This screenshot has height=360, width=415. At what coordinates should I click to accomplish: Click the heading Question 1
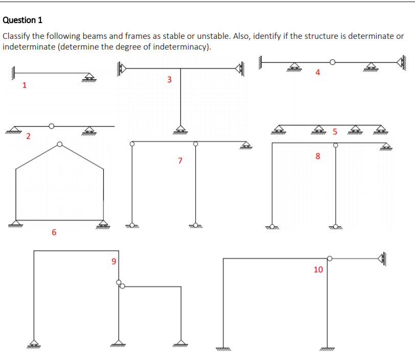[x=22, y=20]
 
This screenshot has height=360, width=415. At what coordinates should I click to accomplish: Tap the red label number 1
[x=24, y=85]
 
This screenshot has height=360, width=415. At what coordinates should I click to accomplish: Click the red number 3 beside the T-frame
[x=169, y=79]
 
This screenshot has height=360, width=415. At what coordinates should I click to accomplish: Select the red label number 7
[x=180, y=161]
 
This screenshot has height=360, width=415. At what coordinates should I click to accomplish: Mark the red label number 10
[x=318, y=269]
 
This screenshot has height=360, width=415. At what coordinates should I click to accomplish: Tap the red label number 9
[x=113, y=261]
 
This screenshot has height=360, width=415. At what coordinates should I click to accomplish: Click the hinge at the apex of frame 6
[x=60, y=145]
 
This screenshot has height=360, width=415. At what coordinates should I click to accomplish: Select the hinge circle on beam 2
[x=51, y=126]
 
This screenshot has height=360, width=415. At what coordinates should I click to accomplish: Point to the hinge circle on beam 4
[x=333, y=62]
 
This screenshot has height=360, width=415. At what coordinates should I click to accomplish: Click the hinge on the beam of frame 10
[x=330, y=259]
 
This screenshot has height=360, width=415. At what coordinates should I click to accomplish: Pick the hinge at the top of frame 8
[x=336, y=145]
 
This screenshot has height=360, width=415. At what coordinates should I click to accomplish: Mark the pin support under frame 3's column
[x=180, y=129]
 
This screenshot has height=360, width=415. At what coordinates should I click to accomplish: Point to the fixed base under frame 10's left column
[x=223, y=349]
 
